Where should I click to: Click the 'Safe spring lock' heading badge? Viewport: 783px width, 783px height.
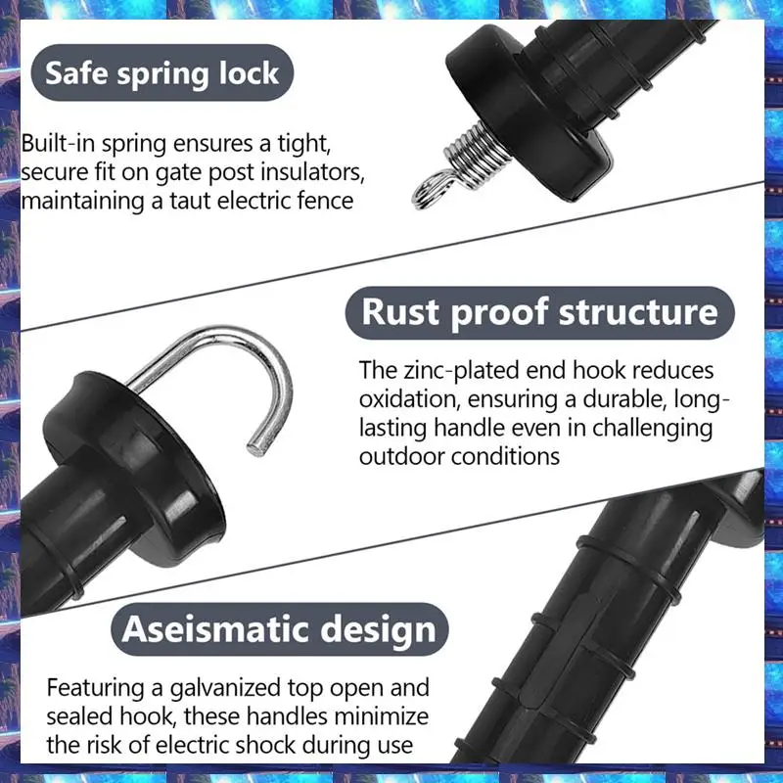tap(161, 72)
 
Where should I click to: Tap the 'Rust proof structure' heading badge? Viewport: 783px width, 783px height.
tap(539, 313)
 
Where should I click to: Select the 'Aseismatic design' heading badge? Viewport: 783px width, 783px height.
tap(279, 627)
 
